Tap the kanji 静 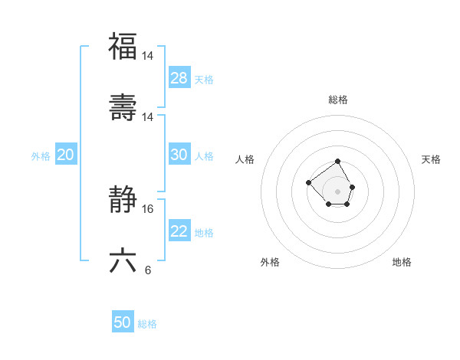123,199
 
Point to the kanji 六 123,260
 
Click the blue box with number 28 179,77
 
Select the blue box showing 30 179,155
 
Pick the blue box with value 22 179,231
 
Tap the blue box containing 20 66,155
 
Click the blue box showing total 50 123,322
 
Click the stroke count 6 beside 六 147,270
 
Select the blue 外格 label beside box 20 41,156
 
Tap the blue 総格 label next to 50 147,324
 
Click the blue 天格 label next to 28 204,79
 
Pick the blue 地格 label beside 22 204,233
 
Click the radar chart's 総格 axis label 338,100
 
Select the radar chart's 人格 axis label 245,159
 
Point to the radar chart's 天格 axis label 431,159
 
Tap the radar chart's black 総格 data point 338,162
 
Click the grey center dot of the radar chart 338,191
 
